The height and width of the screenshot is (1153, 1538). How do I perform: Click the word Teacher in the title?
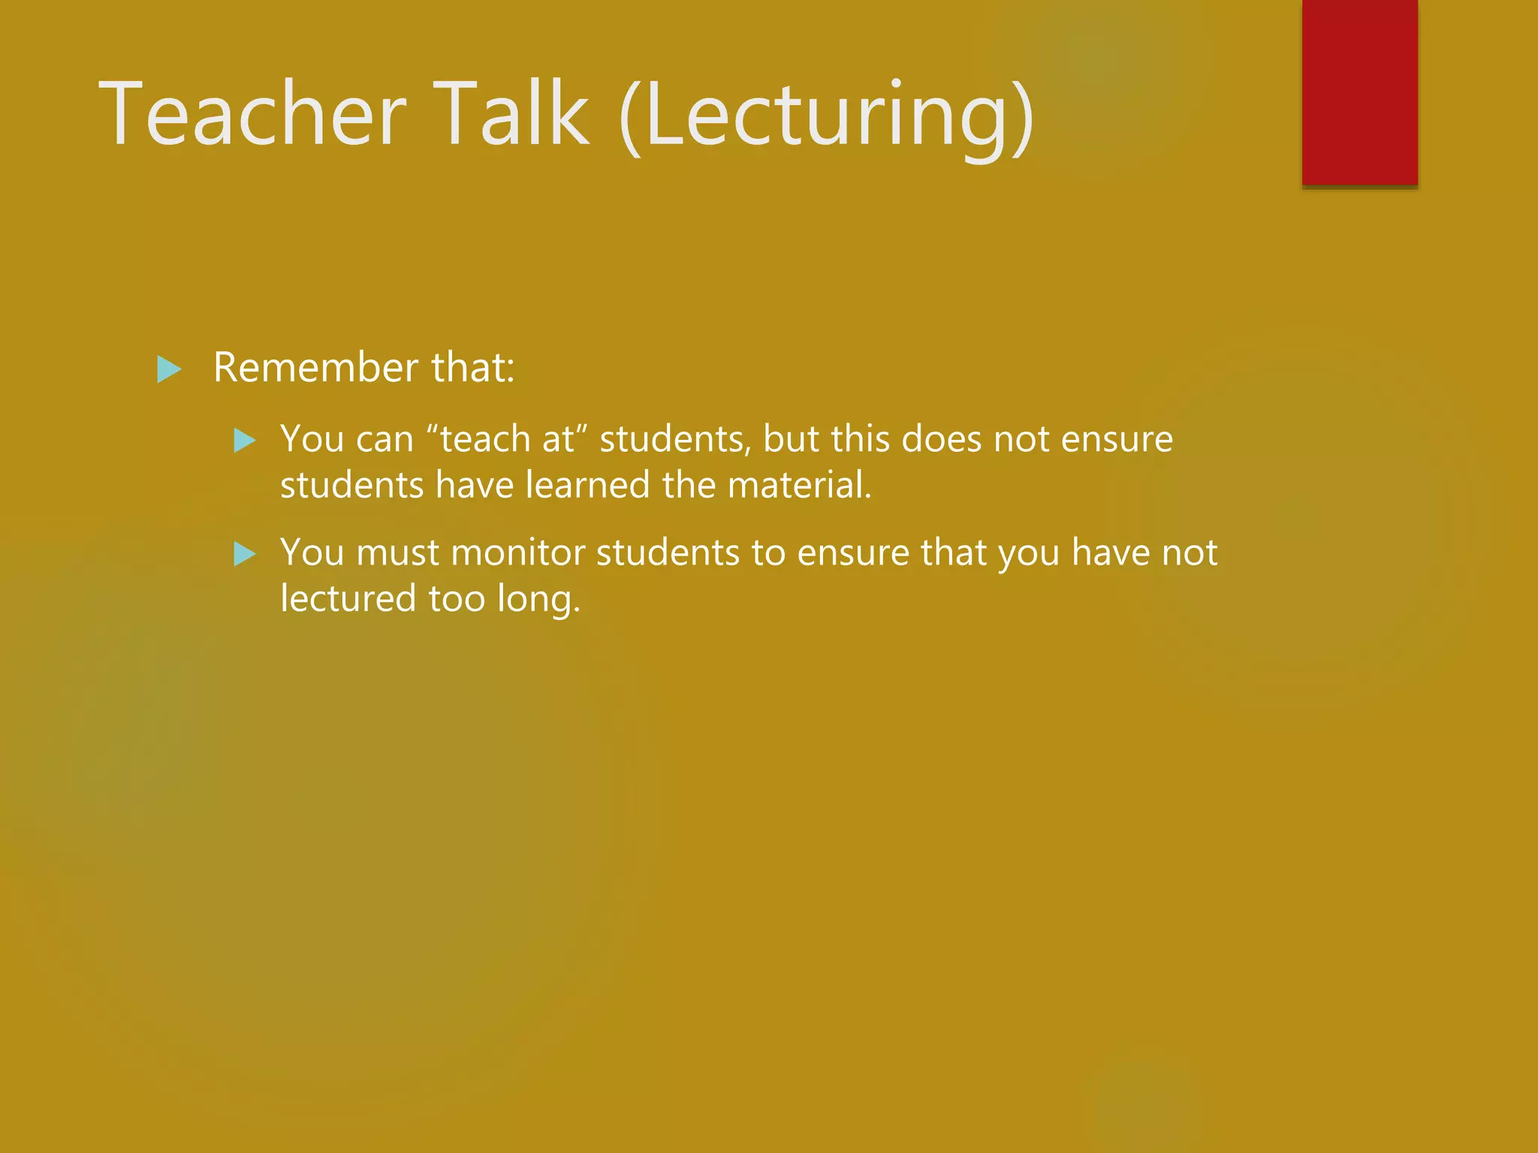(x=252, y=114)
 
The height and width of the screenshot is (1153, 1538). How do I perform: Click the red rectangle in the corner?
(x=1359, y=92)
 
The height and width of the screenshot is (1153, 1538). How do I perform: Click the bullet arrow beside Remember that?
(x=169, y=369)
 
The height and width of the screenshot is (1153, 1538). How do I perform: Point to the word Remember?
(x=315, y=368)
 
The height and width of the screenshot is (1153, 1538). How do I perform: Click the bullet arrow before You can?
(x=245, y=440)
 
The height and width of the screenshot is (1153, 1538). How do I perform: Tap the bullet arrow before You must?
(x=245, y=555)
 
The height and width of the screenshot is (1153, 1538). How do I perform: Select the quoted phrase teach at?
(x=507, y=438)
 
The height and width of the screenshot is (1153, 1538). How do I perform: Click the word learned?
(x=587, y=485)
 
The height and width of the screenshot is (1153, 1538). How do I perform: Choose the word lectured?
(x=348, y=599)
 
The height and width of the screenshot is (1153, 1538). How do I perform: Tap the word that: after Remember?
(x=473, y=368)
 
